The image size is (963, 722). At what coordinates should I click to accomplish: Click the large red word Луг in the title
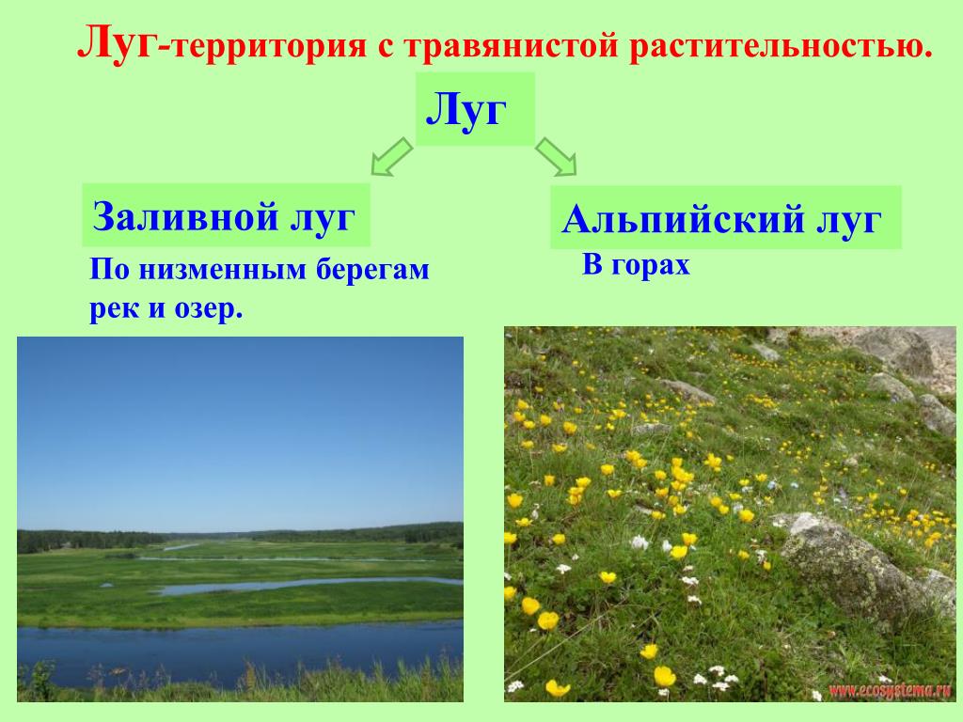click(x=117, y=44)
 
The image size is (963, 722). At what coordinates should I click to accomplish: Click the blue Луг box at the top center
click(x=475, y=109)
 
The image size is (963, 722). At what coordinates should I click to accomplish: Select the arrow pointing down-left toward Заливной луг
click(x=391, y=157)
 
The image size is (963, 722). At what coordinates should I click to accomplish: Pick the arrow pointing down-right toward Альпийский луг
click(x=556, y=157)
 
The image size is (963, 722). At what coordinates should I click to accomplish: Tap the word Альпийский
click(x=683, y=219)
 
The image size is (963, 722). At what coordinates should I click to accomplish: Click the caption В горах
click(x=636, y=265)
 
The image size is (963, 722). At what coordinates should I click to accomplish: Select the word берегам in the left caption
click(x=372, y=270)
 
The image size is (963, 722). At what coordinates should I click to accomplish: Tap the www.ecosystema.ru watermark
click(x=890, y=691)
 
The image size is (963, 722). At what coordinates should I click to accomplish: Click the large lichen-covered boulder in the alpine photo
click(x=854, y=564)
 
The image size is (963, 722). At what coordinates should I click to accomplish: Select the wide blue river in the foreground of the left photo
click(x=240, y=650)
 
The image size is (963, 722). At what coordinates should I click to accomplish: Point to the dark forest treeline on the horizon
click(x=240, y=536)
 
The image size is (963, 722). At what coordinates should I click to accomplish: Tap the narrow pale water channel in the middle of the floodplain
click(x=308, y=585)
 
